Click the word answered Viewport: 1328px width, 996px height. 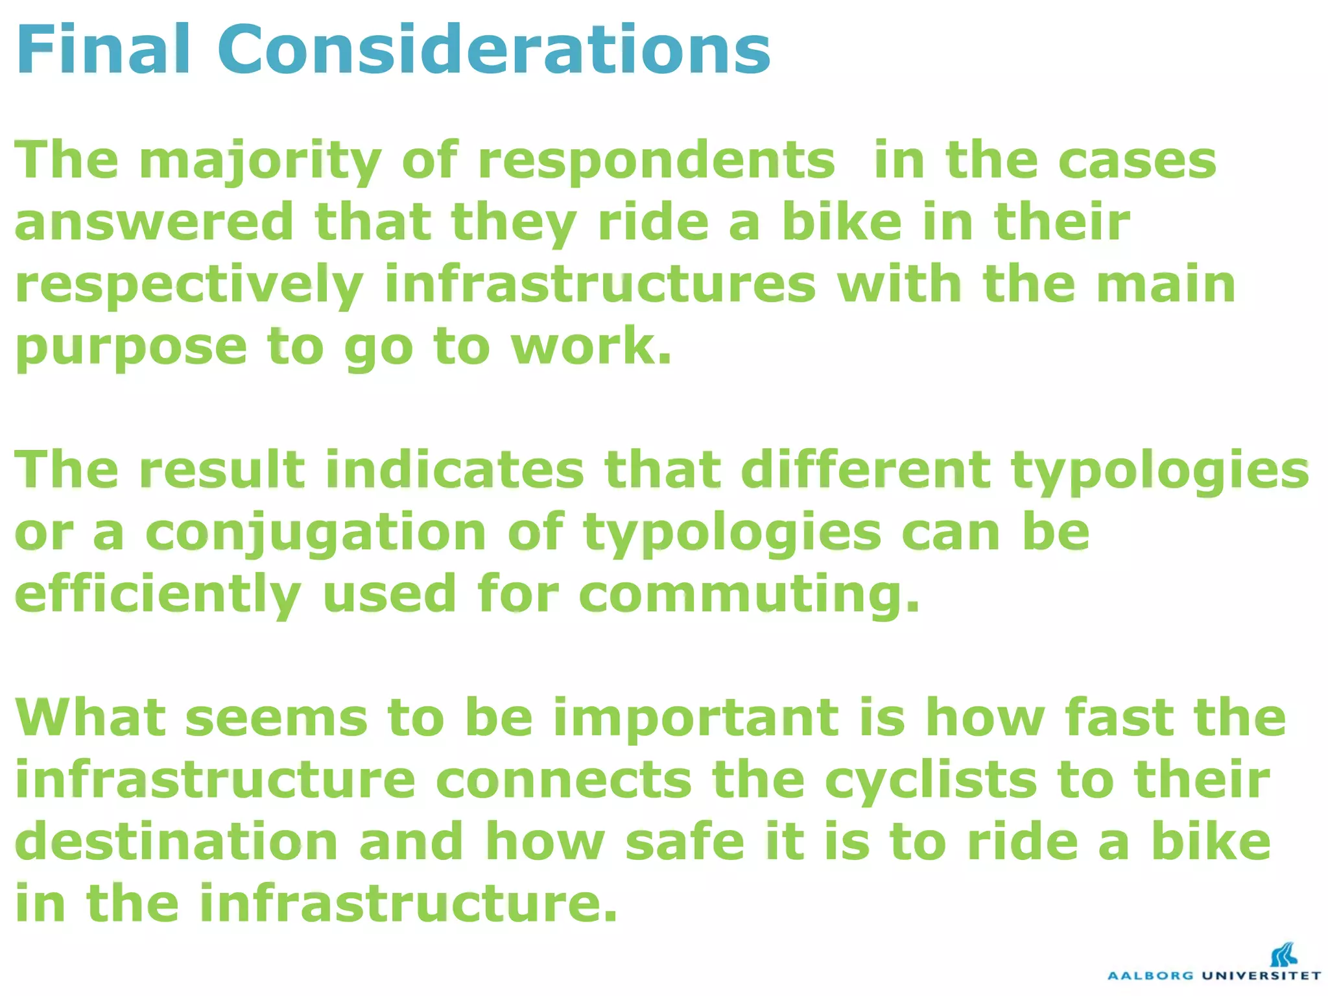154,222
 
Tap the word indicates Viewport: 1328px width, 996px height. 455,469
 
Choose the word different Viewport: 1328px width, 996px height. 866,469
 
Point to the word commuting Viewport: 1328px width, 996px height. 749,594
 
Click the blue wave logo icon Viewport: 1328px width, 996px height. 1283,954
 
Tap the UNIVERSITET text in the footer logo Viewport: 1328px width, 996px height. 1261,975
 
